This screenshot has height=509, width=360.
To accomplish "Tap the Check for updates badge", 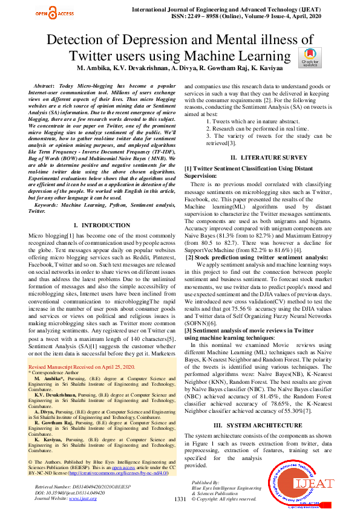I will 310,59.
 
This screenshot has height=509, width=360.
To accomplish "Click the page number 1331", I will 180,499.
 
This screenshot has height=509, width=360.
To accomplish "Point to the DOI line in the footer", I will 62,493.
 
